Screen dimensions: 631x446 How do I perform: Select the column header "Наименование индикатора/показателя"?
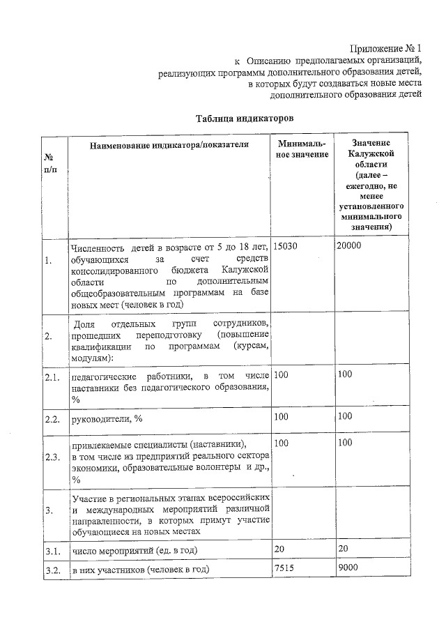169,144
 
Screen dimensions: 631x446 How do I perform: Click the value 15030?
286,246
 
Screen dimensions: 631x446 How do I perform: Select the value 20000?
349,246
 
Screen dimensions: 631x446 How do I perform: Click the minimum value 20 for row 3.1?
279,549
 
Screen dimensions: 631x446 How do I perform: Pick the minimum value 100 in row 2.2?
282,417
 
